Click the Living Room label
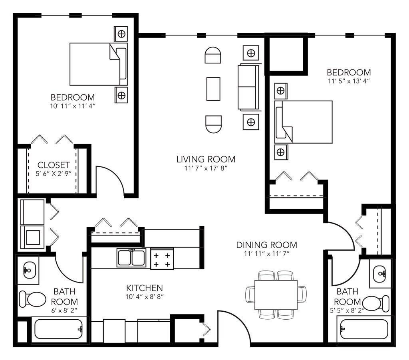(x=206, y=159)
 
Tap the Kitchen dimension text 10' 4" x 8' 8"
(x=145, y=297)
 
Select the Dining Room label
(x=266, y=245)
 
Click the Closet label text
(x=54, y=165)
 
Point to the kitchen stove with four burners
(x=162, y=259)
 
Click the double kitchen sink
(x=131, y=258)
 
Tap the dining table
(x=276, y=295)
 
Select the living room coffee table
(x=213, y=89)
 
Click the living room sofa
(x=248, y=87)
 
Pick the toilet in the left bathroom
(x=33, y=299)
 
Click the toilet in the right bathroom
(x=376, y=303)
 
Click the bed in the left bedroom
(x=99, y=64)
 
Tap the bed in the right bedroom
(x=304, y=122)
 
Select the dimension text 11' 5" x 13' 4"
(x=349, y=81)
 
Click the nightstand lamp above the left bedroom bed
(x=121, y=34)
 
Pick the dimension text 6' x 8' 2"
(x=64, y=310)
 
